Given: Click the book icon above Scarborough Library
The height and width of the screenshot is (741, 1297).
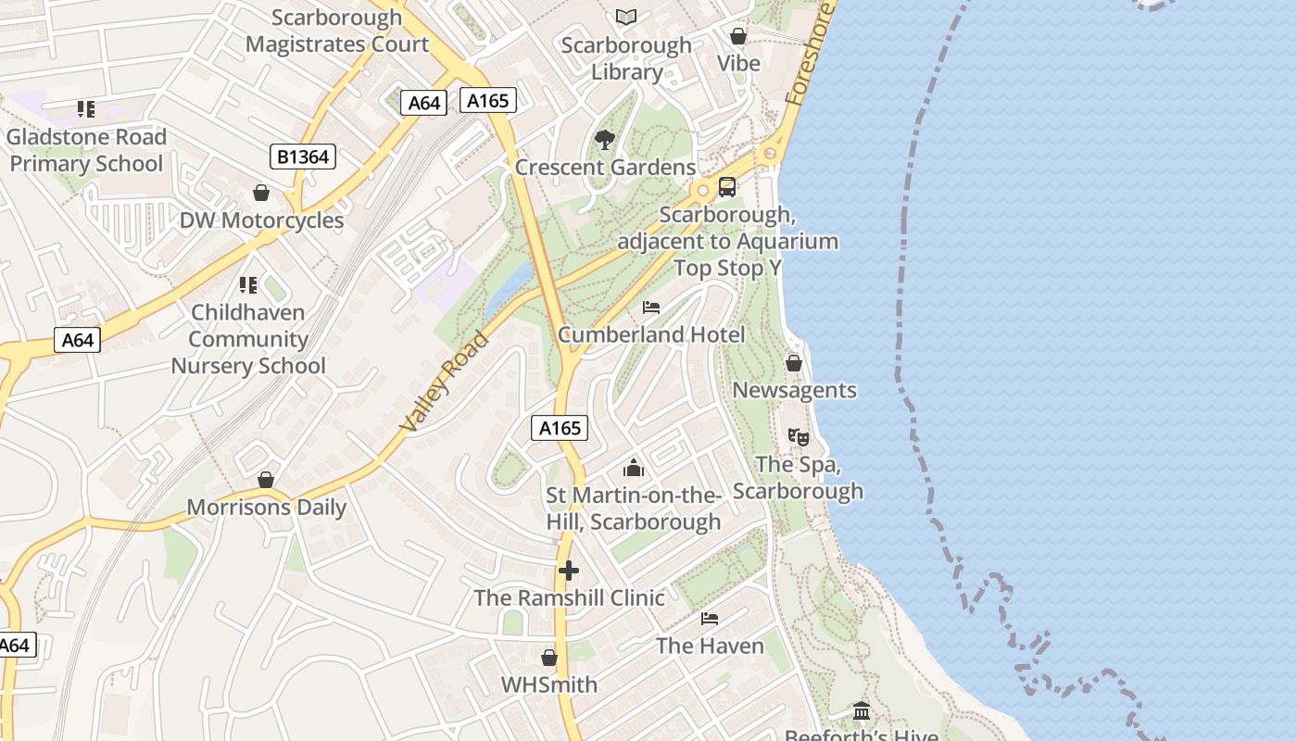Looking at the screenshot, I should pyautogui.click(x=627, y=17).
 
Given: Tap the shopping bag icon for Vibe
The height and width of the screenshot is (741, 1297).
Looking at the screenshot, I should pyautogui.click(x=738, y=36).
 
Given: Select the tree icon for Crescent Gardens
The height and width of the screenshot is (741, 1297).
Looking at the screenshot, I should pyautogui.click(x=605, y=140).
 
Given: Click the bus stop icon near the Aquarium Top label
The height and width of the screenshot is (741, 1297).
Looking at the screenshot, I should pyautogui.click(x=727, y=187).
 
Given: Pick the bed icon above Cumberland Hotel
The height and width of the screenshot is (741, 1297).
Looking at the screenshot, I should pyautogui.click(x=651, y=308).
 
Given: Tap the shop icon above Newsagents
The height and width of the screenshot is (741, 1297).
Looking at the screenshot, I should pyautogui.click(x=794, y=363).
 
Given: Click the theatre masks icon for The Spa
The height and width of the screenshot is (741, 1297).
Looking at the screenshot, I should pyautogui.click(x=798, y=436).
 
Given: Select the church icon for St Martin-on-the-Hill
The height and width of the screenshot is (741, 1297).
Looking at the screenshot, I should pyautogui.click(x=634, y=468).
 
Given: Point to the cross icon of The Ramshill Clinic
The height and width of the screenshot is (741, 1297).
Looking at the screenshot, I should pyautogui.click(x=568, y=571).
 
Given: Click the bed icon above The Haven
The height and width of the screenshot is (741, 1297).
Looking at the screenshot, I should pyautogui.click(x=710, y=619).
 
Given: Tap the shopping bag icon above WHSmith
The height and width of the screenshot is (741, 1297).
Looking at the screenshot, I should pyautogui.click(x=549, y=658).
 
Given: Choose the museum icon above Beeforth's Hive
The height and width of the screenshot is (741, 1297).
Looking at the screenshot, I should pyautogui.click(x=862, y=711).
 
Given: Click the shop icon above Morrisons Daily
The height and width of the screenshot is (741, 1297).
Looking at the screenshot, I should pyautogui.click(x=266, y=480).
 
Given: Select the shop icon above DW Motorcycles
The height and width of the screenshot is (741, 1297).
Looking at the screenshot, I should pyautogui.click(x=261, y=193).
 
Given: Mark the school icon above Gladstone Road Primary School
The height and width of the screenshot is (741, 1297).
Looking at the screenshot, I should pyautogui.click(x=86, y=109).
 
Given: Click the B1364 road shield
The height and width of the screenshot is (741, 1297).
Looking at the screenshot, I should pyautogui.click(x=303, y=157).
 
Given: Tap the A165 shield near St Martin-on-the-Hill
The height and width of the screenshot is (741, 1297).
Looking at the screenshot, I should pyautogui.click(x=560, y=427).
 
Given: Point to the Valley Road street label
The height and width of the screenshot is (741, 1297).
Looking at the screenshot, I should pyautogui.click(x=445, y=381).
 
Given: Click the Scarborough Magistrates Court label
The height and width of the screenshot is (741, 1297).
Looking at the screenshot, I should pyautogui.click(x=337, y=31).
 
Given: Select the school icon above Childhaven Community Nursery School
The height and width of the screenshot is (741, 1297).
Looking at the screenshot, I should pyautogui.click(x=247, y=284).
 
